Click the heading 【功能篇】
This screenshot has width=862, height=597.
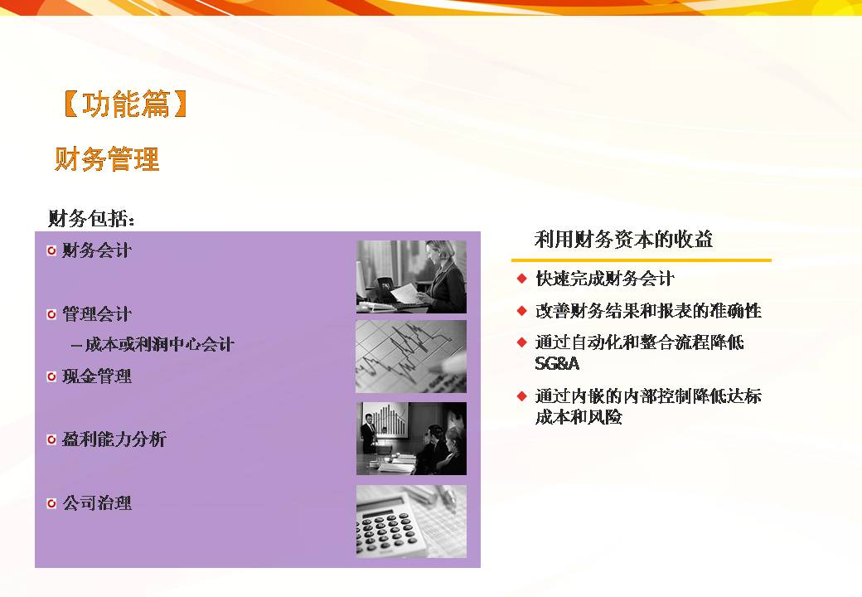pyautogui.click(x=125, y=104)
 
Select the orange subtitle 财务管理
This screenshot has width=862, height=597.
pyautogui.click(x=107, y=159)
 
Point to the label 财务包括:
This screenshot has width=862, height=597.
pyautogui.click(x=91, y=219)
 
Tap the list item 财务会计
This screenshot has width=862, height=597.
pyautogui.click(x=97, y=250)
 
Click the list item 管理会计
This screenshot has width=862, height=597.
pyautogui.click(x=97, y=314)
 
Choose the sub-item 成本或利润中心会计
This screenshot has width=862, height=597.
pyautogui.click(x=153, y=345)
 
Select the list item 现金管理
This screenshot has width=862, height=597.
pyautogui.click(x=97, y=376)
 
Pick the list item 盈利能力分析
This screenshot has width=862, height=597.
pyautogui.click(x=114, y=439)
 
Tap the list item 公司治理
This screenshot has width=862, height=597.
pyautogui.click(x=97, y=503)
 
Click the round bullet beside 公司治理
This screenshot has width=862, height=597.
pyautogui.click(x=51, y=503)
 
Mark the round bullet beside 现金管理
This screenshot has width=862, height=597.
pyautogui.click(x=51, y=376)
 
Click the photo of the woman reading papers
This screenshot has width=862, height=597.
pyautogui.click(x=411, y=276)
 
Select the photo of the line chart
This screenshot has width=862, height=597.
pyautogui.click(x=411, y=357)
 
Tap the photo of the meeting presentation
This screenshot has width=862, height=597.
pyautogui.click(x=411, y=439)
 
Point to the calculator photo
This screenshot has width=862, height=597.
pyautogui.click(x=411, y=522)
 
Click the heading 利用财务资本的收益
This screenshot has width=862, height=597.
pyautogui.click(x=623, y=240)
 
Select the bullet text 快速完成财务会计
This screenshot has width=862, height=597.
pyautogui.click(x=605, y=279)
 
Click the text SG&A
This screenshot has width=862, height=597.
pyautogui.click(x=557, y=363)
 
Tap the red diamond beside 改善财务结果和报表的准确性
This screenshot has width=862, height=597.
pyautogui.click(x=522, y=311)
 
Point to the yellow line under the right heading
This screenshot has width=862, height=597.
pyautogui.click(x=642, y=260)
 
